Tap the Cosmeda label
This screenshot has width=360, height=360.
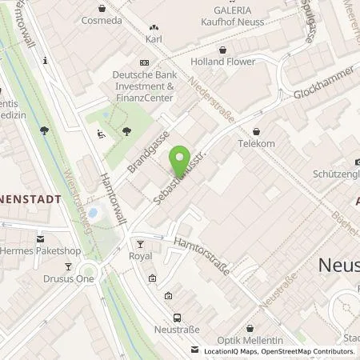coord(101,20)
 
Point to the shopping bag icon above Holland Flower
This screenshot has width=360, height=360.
coord(208,46)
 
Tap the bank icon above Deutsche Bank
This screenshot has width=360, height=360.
coord(143,62)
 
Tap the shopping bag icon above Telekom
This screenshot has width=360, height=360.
coord(256,130)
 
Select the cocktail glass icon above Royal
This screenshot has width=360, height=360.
coord(140,243)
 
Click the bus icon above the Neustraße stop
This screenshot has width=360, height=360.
coord(178,317)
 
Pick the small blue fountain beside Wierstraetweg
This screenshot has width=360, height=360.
coord(92,214)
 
